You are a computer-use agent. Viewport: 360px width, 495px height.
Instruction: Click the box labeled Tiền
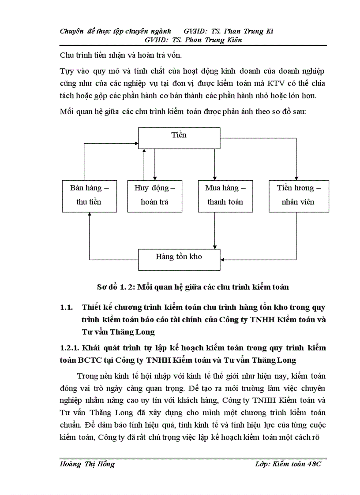point(179,138)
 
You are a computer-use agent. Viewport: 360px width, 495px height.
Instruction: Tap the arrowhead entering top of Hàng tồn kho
point(215,247)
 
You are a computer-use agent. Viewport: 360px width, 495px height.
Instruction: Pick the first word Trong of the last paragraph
point(87,376)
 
